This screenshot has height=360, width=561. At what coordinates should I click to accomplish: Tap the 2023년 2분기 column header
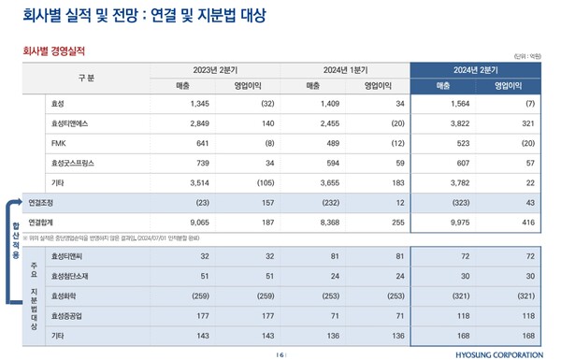(216, 69)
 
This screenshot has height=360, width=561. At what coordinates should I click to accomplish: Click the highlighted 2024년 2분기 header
(478, 69)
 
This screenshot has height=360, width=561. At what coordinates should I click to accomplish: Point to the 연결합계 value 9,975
(446, 223)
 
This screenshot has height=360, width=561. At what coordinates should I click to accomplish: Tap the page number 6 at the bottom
(280, 353)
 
